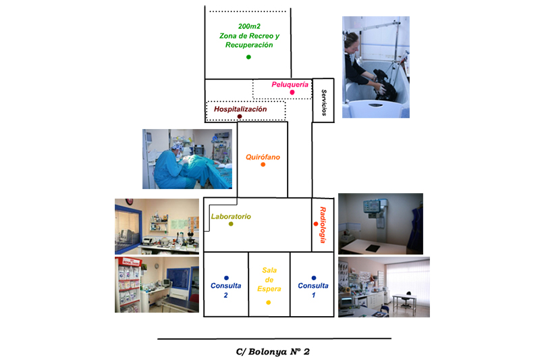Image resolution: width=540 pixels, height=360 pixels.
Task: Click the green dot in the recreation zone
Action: click(248, 57)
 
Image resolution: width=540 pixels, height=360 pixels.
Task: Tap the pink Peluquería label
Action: click(290, 84)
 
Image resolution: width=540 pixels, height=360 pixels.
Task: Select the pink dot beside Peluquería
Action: click(292, 93)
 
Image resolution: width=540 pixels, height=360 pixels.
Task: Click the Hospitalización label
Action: click(240, 109)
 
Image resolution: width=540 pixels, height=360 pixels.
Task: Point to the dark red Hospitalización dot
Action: click(240, 117)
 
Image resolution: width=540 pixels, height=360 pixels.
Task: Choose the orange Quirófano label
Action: click(263, 157)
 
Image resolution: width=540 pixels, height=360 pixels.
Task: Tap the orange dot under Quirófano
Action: click(263, 165)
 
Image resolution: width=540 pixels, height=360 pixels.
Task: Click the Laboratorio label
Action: click(231, 216)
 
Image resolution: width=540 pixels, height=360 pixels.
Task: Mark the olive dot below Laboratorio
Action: click(231, 224)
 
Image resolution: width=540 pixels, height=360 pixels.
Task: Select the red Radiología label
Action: click(323, 224)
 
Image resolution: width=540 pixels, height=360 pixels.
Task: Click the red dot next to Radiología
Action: click(316, 224)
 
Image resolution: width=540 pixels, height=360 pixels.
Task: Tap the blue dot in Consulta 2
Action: click(226, 278)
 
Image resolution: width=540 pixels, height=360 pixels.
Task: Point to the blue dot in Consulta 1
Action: click(314, 278)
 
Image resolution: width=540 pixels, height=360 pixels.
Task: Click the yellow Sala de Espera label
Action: click(269, 280)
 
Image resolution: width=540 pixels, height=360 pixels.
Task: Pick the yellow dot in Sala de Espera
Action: click(269, 302)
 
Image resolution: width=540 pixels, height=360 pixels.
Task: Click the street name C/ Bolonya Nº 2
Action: click(273, 351)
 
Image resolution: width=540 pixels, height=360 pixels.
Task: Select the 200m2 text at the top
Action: click(248, 26)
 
